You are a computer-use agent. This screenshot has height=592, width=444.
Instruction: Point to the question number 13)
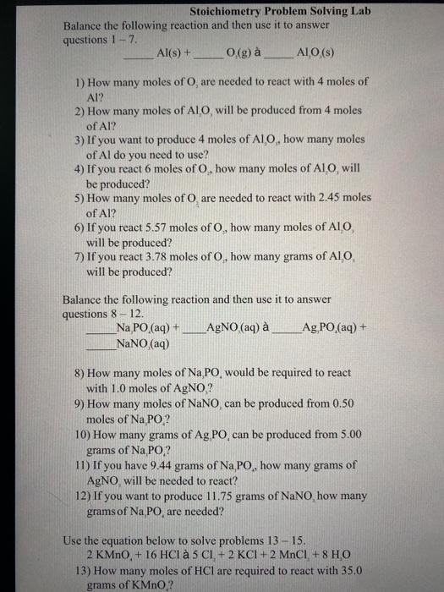(x=83, y=569)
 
